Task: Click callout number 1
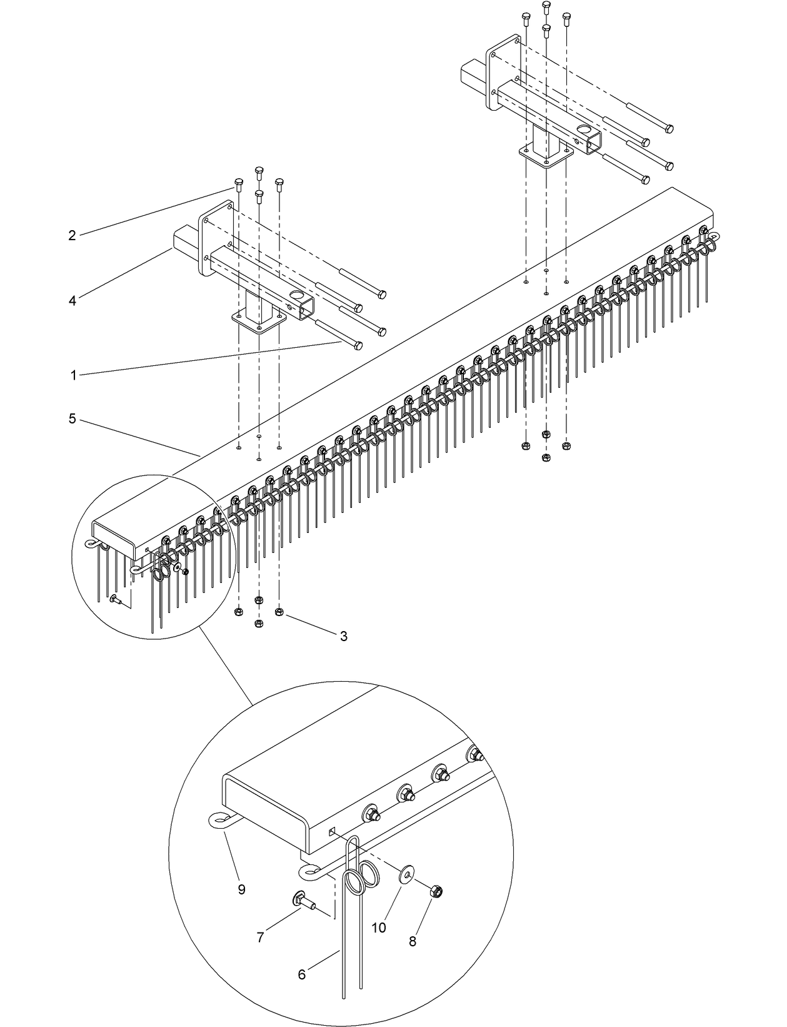pos(73,375)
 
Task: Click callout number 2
pos(72,235)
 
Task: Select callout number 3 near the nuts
pos(344,636)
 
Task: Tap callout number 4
pos(72,301)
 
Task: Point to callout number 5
pos(72,418)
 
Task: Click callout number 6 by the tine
pos(302,975)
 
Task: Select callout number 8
pos(412,941)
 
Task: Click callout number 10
pos(379,928)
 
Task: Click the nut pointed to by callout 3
pos(279,610)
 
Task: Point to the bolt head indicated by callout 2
pos(238,182)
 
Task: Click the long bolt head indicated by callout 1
pos(358,346)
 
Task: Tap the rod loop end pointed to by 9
pos(217,820)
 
